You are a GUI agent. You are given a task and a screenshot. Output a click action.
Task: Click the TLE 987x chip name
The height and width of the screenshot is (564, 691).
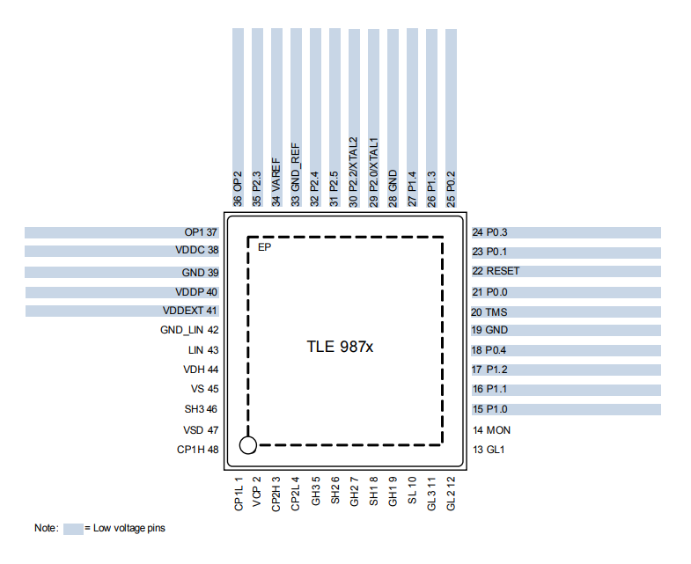(340, 347)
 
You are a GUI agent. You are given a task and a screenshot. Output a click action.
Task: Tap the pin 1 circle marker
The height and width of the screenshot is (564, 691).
(248, 445)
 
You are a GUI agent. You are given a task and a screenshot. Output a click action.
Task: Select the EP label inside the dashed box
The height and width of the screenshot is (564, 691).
(263, 248)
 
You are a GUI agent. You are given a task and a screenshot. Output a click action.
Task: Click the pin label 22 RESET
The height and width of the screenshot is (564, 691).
(496, 271)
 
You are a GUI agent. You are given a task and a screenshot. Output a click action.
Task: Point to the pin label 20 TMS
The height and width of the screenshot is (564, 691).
(489, 311)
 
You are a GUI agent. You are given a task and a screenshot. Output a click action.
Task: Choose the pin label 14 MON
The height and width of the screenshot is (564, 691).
(491, 430)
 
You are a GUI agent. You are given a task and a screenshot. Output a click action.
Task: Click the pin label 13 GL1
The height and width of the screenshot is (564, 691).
(489, 450)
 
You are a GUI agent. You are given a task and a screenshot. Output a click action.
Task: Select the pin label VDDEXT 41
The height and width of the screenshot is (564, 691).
(190, 311)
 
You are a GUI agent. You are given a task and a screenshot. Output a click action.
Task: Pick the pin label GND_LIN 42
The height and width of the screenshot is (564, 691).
(188, 330)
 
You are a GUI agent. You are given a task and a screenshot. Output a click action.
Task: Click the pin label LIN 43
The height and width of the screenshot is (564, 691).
(203, 350)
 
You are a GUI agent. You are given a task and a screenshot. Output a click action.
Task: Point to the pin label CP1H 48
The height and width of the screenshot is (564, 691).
(197, 450)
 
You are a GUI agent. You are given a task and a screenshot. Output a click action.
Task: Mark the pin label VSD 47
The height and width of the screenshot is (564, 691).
(200, 430)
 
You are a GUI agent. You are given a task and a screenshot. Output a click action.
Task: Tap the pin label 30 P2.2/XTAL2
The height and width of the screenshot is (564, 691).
(354, 172)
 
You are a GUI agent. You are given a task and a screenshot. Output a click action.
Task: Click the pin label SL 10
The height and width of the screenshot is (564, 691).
(412, 491)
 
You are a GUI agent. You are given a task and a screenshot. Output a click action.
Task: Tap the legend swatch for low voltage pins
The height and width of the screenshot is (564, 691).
(72, 528)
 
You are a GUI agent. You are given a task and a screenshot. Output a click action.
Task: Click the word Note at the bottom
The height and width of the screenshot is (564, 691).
(46, 528)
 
